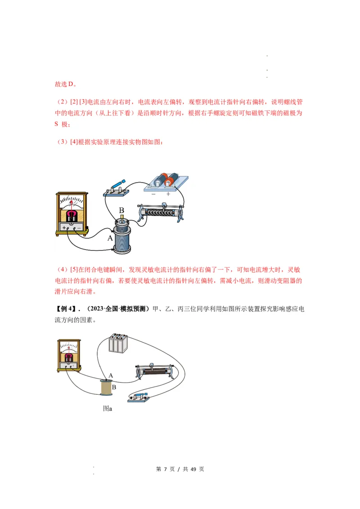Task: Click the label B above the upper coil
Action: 121,210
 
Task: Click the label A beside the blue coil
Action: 110,239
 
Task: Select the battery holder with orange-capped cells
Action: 166,182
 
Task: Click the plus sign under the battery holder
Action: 168,194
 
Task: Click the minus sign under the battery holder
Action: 153,194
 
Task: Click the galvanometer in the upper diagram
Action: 72,214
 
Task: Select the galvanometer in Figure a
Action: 69,356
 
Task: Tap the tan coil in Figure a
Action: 106,388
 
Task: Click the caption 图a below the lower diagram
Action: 107,409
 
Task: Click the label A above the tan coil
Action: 111,375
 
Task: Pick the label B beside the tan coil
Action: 114,386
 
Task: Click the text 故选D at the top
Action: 66,84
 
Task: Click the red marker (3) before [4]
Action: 62,142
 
